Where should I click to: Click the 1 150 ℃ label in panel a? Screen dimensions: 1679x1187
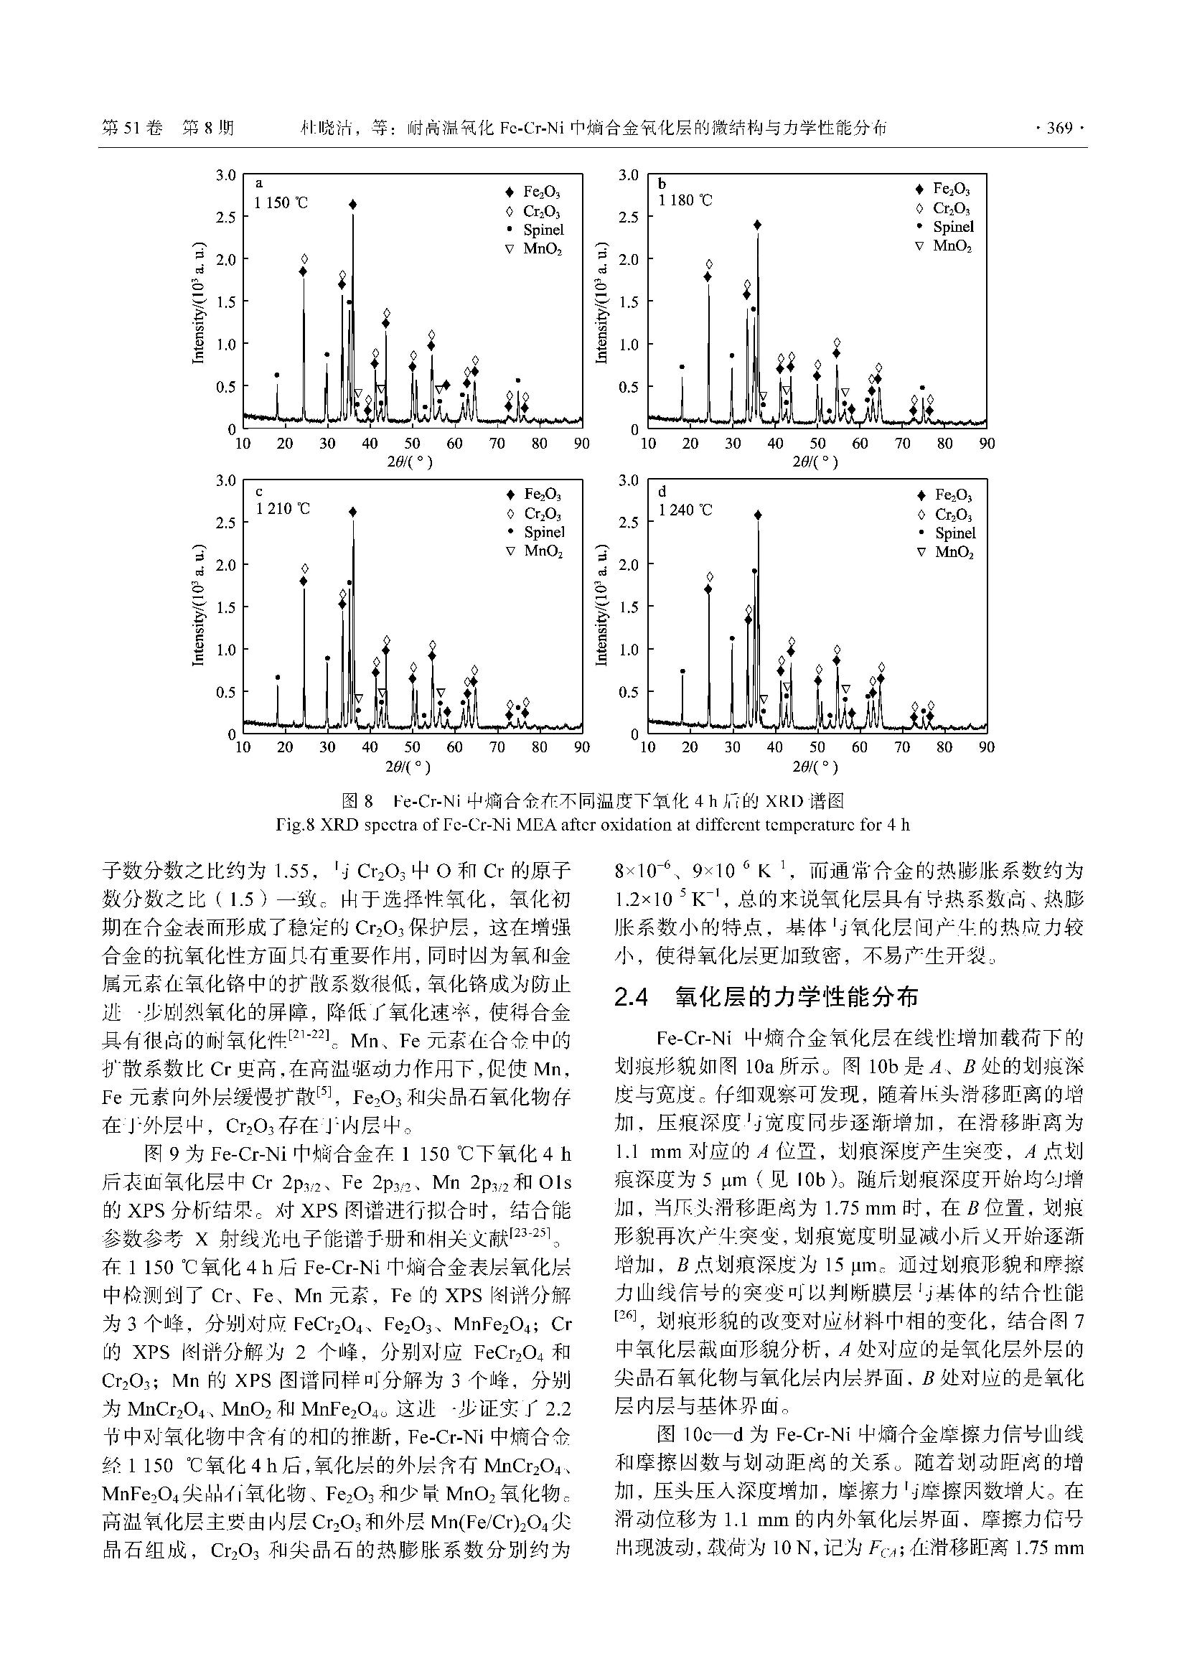[x=281, y=203]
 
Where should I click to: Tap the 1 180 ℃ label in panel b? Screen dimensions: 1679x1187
[x=685, y=200]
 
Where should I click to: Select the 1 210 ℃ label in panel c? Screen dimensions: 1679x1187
[x=283, y=508]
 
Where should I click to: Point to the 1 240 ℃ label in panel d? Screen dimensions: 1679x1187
[x=685, y=510]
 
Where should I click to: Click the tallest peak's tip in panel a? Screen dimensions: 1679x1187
[x=353, y=205]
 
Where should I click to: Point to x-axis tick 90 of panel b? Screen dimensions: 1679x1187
[x=987, y=444]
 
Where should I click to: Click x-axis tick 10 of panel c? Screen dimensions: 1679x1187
[x=243, y=747]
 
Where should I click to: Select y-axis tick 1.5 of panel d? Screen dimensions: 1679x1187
[x=629, y=607]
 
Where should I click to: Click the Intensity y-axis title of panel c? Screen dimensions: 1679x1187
[x=197, y=607]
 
